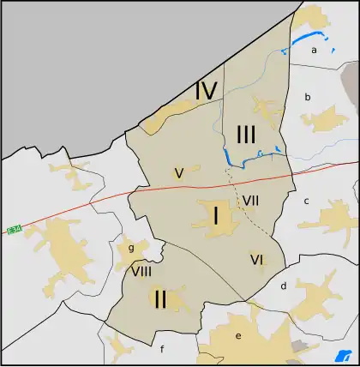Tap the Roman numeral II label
159,299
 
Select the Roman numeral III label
245,134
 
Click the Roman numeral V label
178,173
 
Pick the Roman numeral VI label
256,259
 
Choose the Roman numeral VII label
250,201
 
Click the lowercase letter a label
315,51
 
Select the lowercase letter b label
308,97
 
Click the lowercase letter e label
238,334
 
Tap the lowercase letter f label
161,349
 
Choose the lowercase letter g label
131,249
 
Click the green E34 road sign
13,231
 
